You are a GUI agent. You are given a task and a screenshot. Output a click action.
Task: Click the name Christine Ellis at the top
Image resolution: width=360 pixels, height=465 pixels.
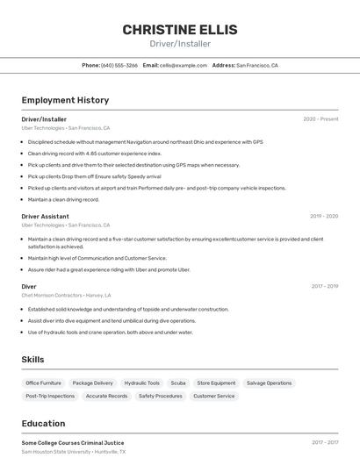tap(179, 29)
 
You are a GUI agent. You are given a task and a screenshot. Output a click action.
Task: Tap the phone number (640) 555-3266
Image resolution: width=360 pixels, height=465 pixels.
tap(119, 66)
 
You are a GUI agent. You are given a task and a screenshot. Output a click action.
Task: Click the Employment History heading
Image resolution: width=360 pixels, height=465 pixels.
tap(65, 100)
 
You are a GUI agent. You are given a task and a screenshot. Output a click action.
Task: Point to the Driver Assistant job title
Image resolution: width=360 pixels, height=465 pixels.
tap(45, 216)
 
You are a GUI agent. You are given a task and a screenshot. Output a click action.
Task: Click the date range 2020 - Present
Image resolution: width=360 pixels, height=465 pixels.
tap(320, 119)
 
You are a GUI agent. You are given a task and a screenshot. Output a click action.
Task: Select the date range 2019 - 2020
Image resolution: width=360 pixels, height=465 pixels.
tap(324, 216)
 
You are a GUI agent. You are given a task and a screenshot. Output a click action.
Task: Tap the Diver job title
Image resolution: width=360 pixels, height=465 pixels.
tap(29, 286)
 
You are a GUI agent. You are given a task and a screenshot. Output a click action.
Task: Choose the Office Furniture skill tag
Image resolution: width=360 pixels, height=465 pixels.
tap(43, 383)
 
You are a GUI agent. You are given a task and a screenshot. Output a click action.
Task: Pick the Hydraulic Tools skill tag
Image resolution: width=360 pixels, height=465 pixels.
tap(141, 383)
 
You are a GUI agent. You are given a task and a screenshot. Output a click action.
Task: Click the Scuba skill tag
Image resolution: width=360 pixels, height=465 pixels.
tap(178, 383)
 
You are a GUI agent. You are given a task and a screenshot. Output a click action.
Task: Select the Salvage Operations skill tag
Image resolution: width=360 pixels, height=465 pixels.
tap(269, 383)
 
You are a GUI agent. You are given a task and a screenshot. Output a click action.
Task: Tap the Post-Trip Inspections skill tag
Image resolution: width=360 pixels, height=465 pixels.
tap(50, 397)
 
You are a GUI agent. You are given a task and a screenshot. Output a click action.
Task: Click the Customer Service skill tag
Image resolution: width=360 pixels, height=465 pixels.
tap(213, 397)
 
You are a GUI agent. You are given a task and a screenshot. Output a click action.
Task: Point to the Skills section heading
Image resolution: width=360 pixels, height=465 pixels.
tap(32, 360)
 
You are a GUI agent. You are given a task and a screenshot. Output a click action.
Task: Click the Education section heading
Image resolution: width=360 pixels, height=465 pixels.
tap(43, 424)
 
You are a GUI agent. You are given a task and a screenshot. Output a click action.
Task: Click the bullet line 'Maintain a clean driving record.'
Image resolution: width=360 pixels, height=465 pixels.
tap(63, 199)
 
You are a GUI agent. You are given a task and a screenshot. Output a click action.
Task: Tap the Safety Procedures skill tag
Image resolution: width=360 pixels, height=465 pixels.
tap(160, 397)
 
